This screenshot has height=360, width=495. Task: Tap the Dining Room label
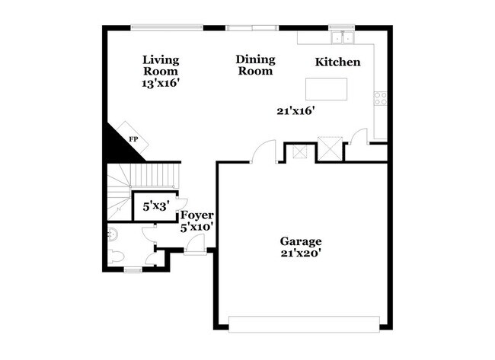pos(254,65)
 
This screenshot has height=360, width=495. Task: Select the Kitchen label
pos(337,62)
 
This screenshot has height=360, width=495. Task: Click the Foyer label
pos(196,215)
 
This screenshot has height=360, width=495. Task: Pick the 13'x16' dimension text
pos(161,84)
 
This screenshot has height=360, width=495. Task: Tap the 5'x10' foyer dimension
pos(196,227)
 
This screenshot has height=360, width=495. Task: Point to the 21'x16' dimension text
pos(295,110)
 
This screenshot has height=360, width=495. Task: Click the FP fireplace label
pos(133,139)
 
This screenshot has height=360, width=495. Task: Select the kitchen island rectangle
pos(327,88)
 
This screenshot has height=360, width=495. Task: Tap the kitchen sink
pos(343,37)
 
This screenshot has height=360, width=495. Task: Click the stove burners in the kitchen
pos(380,98)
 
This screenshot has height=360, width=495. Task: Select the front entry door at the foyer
pos(194,244)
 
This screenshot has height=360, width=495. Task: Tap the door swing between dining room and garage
pos(264,151)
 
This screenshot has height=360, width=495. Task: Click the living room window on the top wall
pos(166,29)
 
